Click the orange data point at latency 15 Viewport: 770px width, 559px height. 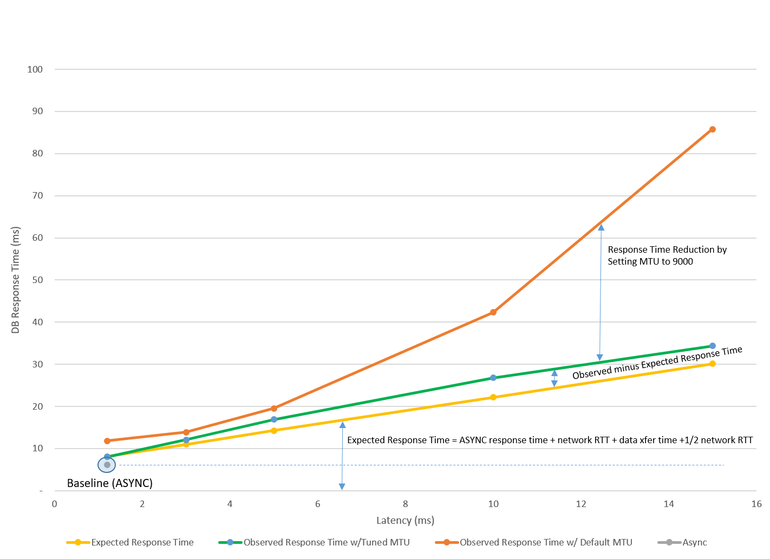(x=712, y=129)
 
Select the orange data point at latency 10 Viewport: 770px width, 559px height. (x=493, y=312)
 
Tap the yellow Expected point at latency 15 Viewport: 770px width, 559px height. (x=712, y=364)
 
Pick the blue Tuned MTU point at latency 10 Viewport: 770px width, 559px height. (x=493, y=378)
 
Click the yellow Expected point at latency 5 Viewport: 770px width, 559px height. (x=274, y=431)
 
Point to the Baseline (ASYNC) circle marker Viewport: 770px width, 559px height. (x=107, y=465)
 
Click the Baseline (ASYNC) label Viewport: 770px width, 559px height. (x=109, y=483)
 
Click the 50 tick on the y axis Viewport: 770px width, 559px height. (x=37, y=280)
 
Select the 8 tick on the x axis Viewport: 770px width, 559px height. (x=405, y=504)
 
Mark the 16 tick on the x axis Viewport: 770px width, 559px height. (x=756, y=504)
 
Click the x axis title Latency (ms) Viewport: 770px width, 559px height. (x=405, y=521)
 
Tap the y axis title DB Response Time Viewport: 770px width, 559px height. (x=16, y=280)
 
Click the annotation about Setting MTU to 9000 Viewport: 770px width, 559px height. (x=667, y=255)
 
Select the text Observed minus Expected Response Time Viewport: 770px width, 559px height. (x=657, y=363)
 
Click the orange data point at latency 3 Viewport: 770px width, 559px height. (x=186, y=432)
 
